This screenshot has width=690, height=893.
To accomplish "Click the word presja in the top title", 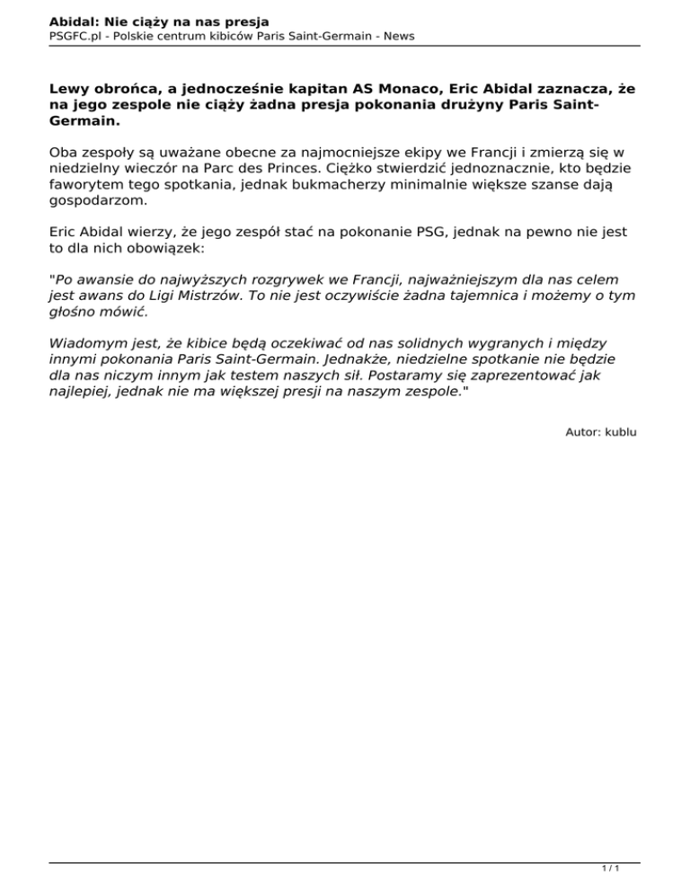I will (243, 21).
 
